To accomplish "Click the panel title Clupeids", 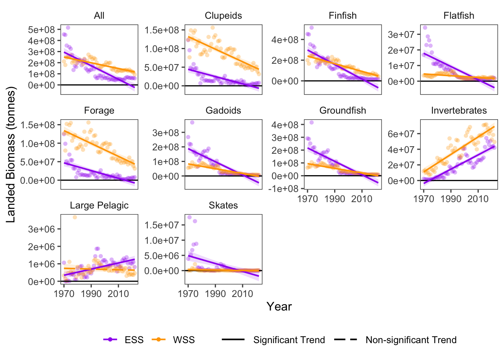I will [x=223, y=16].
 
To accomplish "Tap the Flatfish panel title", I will [x=459, y=16].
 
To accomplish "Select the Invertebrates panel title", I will [x=459, y=111].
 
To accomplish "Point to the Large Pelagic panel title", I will [x=99, y=205].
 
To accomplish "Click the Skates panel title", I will [x=223, y=205].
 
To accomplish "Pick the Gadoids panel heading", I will [x=223, y=111].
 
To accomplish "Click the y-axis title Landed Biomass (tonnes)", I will [x=11, y=154].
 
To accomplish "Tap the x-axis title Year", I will [x=279, y=307].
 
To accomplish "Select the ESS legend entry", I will [x=134, y=340].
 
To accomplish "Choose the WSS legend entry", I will [x=183, y=340].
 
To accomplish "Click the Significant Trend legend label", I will [x=289, y=340].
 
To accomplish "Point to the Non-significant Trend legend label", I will [x=411, y=340].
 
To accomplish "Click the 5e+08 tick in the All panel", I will [x=41, y=30].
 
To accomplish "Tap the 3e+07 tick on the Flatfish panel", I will [x=401, y=34].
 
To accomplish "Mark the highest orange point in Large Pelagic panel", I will [x=75, y=217].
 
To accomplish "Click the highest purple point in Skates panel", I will [x=189, y=217].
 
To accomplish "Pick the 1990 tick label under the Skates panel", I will [x=215, y=294].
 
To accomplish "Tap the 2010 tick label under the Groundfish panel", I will [x=361, y=199].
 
